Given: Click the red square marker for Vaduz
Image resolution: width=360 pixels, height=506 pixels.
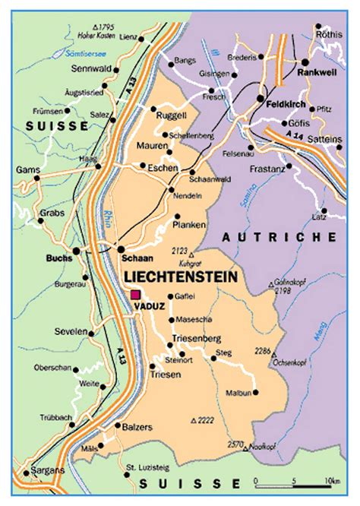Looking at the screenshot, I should (136, 295).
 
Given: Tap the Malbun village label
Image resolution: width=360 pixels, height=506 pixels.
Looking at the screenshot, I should (238, 393).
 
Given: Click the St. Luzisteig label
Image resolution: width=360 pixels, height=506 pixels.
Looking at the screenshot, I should (144, 467).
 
